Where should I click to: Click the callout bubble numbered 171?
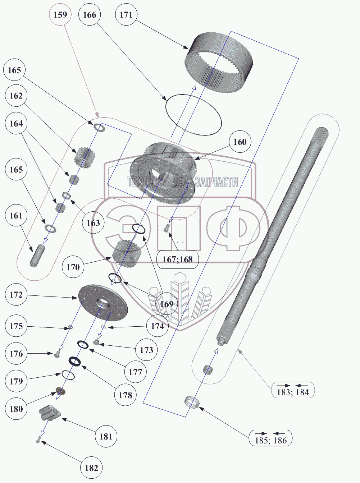tap(126, 15)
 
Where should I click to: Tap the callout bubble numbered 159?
tap(60, 15)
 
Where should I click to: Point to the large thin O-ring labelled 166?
tap(193, 115)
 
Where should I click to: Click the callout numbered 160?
tap(240, 142)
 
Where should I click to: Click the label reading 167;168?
tap(178, 259)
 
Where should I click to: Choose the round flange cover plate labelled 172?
tap(103, 302)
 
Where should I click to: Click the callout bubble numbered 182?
tap(91, 468)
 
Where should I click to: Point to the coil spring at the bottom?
tap(193, 402)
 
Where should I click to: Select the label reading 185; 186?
tap(270, 439)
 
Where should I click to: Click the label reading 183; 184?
tap(293, 390)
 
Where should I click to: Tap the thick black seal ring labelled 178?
tap(75, 361)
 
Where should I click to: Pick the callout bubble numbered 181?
tap(106, 436)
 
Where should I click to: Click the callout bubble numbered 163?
tap(93, 223)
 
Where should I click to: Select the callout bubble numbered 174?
tap(158, 326)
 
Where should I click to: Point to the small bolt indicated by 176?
tap(57, 354)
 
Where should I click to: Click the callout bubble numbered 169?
tap(167, 304)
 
